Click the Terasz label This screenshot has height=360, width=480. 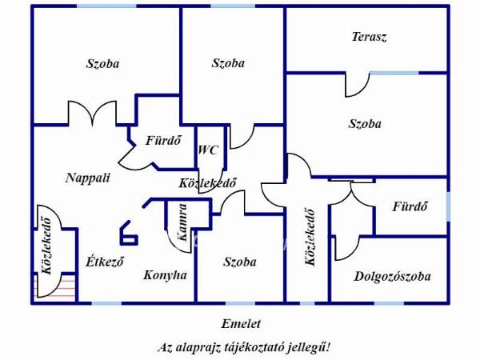click(369, 37)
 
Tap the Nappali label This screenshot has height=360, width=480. click(87, 178)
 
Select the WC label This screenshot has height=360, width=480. click(209, 150)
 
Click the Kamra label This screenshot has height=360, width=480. click(182, 222)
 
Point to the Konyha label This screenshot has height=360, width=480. click(165, 275)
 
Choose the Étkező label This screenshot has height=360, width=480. click(104, 262)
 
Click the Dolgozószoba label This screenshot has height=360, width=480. click(392, 277)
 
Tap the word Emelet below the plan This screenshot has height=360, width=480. click(241, 323)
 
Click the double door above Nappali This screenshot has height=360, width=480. click(93, 113)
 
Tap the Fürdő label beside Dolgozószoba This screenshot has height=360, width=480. click(410, 206)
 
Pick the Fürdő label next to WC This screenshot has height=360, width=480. click(163, 141)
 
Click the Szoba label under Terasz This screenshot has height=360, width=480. click(365, 124)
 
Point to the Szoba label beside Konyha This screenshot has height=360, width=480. click(240, 262)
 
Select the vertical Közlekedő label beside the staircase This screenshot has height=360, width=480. click(46, 246)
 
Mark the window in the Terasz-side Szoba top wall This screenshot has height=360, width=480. click(394, 73)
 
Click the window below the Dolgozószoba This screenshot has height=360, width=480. click(389, 303)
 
